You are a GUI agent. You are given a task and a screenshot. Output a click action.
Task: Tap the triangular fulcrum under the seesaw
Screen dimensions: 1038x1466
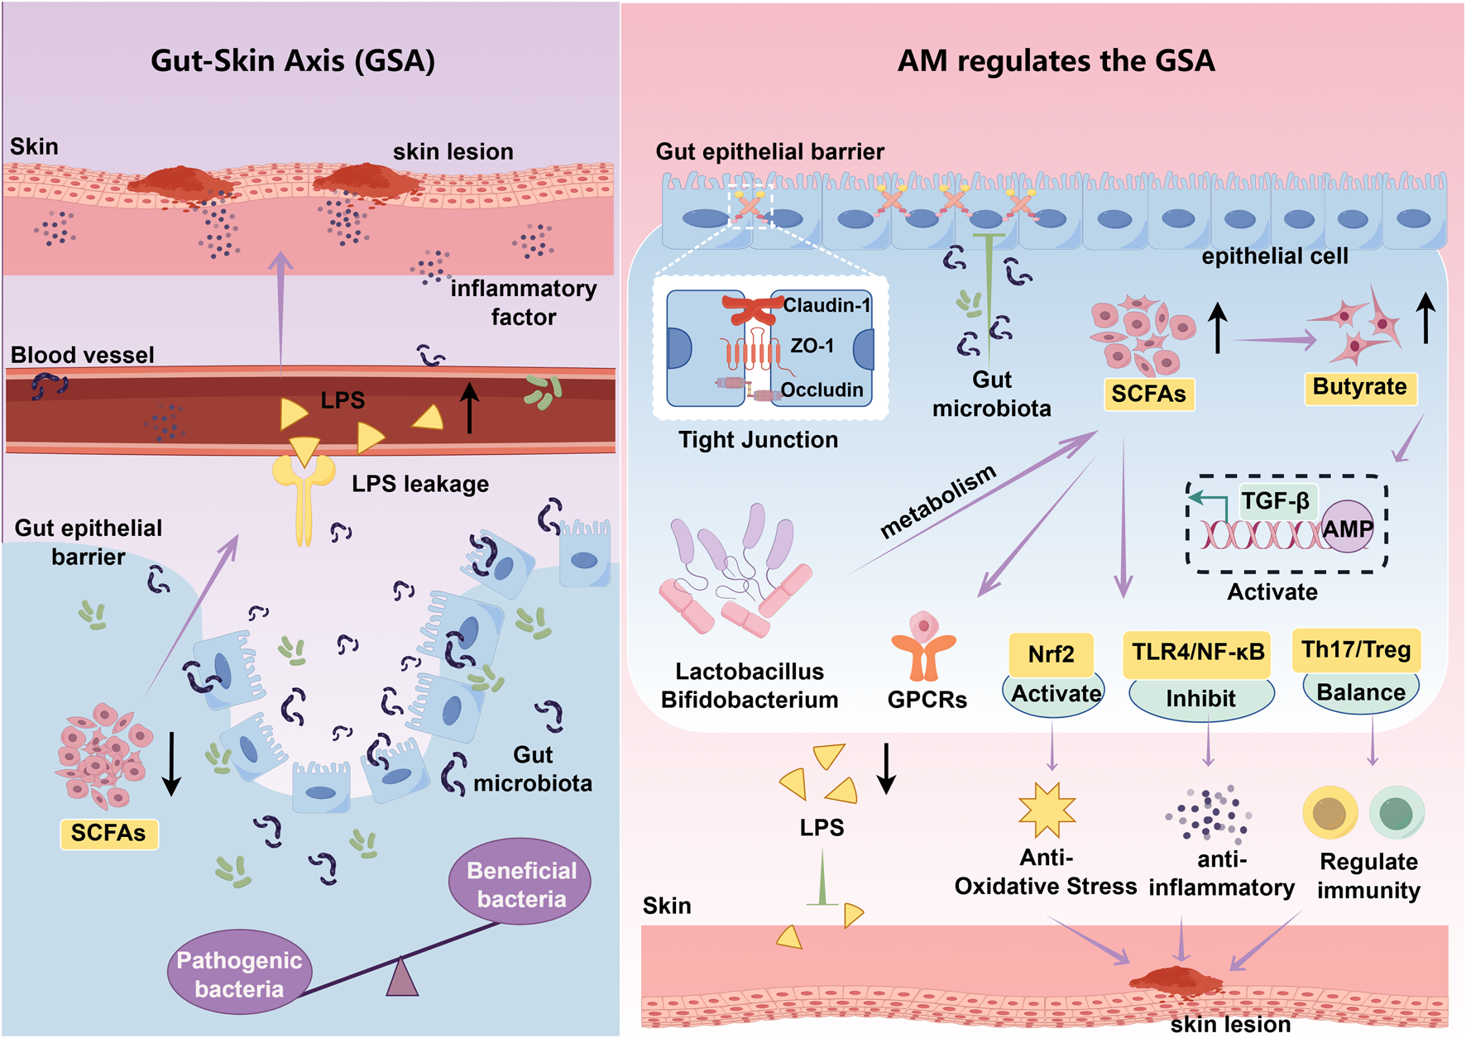point(402,978)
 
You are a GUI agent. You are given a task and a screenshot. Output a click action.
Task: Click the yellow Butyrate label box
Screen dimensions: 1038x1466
point(1359,387)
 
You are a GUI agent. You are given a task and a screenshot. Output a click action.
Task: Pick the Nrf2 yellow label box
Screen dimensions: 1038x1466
point(1051,653)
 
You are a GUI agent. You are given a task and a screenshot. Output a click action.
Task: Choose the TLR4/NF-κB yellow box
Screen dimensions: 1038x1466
point(1197,653)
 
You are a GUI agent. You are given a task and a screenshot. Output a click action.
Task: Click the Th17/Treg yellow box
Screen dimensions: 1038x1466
point(1355,650)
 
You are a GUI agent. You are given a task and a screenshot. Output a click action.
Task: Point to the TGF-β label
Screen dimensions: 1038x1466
point(1275,501)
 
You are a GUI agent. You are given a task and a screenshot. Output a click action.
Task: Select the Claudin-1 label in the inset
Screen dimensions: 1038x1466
point(826,305)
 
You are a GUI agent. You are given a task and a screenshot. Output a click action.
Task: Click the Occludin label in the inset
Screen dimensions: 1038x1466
point(822,390)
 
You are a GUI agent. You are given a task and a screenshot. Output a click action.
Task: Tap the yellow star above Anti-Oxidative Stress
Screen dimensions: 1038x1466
point(1047,811)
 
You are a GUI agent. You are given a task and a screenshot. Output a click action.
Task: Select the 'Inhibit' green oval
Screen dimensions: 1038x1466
point(1200,699)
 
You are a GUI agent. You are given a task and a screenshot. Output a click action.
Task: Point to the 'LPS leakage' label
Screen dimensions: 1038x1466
point(419,484)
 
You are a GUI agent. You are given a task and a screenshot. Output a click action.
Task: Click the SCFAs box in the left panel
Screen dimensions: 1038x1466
point(108,833)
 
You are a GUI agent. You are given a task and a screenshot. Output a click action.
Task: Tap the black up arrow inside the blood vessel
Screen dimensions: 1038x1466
point(469,408)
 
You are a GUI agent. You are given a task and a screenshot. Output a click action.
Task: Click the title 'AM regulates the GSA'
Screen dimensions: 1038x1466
point(1056,60)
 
